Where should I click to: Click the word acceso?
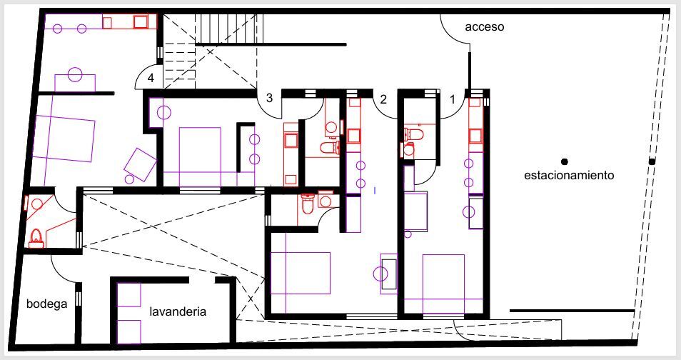(485, 27)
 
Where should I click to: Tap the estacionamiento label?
(569, 175)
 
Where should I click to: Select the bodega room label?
(47, 304)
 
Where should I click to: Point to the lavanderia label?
(178, 312)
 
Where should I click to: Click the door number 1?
(451, 100)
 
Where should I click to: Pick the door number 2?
(383, 100)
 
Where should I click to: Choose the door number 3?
(269, 99)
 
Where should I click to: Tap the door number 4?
(151, 78)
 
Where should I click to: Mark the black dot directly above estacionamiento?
(564, 161)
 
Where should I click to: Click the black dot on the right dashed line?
(652, 162)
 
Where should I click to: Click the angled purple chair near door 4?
(140, 165)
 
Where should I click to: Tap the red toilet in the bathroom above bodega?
(36, 238)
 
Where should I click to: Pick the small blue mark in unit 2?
(375, 190)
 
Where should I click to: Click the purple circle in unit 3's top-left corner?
(163, 112)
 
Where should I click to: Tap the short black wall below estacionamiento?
(572, 311)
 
